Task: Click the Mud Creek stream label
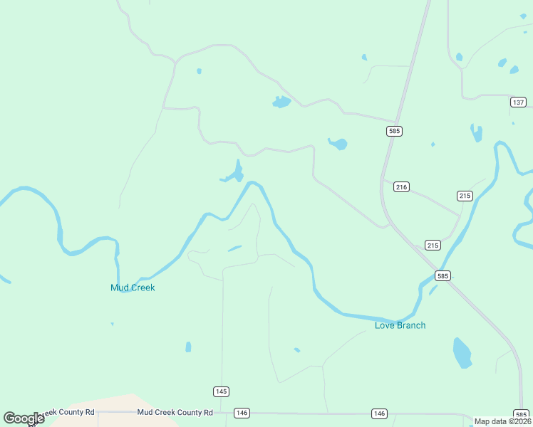click(x=133, y=288)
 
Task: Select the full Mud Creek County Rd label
click(x=175, y=412)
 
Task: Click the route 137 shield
click(x=518, y=102)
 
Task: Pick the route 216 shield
click(x=401, y=187)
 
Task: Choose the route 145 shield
click(x=221, y=391)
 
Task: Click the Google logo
click(x=24, y=418)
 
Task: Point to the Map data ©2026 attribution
click(x=502, y=421)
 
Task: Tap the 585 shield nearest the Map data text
click(x=521, y=414)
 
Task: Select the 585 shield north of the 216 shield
click(x=395, y=131)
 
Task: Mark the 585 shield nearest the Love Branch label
click(x=443, y=276)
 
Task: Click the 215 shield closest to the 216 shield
click(x=433, y=245)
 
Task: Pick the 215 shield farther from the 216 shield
click(x=465, y=196)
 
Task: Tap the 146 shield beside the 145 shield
click(x=242, y=413)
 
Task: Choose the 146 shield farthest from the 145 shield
click(x=379, y=413)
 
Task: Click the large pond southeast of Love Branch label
click(x=462, y=352)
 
